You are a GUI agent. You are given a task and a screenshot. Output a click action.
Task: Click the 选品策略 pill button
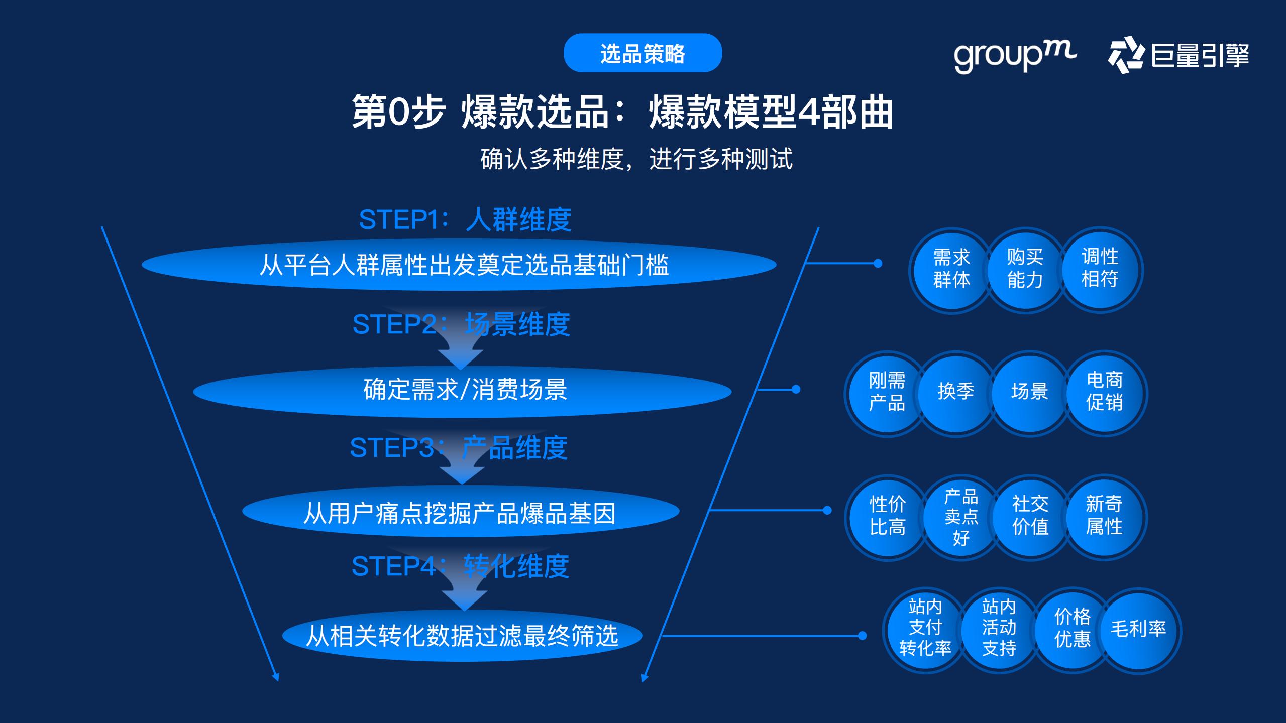click(x=642, y=53)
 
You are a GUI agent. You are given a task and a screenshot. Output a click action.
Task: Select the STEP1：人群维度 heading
click(x=465, y=219)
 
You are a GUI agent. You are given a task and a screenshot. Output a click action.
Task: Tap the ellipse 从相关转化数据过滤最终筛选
click(x=462, y=636)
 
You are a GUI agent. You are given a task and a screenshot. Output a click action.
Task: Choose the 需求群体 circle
click(x=951, y=269)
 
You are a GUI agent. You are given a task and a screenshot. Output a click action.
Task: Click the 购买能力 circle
click(x=1025, y=269)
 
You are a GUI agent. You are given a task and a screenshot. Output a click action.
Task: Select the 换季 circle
click(x=955, y=392)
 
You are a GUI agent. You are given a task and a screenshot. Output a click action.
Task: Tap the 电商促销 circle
click(x=1104, y=392)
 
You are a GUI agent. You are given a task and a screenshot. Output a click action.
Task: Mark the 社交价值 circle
click(x=1030, y=516)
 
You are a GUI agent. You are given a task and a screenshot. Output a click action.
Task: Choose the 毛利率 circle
click(x=1138, y=630)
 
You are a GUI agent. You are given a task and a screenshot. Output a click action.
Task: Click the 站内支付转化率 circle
click(x=925, y=629)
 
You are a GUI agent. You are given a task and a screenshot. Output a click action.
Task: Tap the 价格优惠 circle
click(x=1072, y=629)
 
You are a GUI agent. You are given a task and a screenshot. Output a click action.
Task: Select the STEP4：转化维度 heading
click(x=460, y=567)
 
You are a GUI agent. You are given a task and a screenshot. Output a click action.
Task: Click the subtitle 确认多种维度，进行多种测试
click(x=636, y=159)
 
